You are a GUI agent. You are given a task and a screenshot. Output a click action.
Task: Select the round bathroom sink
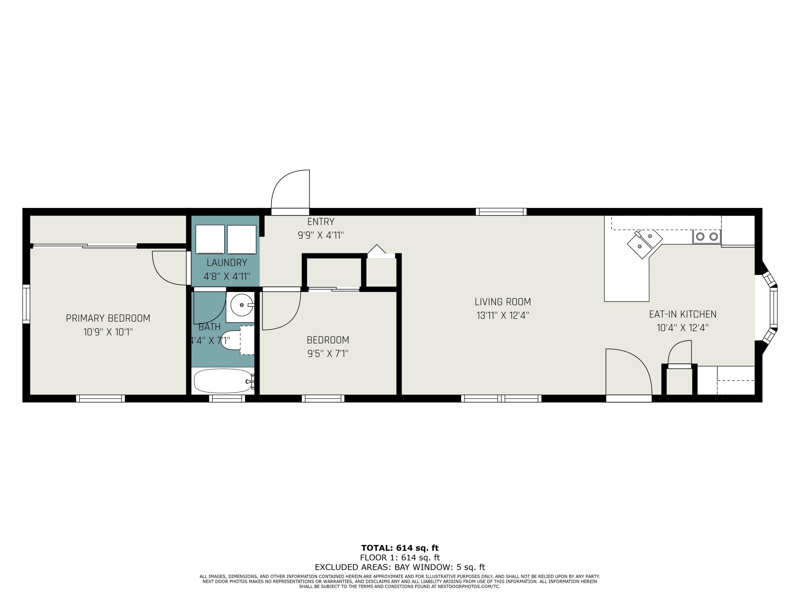point(242,305)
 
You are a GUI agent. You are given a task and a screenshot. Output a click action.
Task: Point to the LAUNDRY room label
point(227,263)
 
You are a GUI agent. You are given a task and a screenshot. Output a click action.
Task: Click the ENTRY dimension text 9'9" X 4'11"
point(321,235)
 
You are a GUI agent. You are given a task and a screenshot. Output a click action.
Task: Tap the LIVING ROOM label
point(503,302)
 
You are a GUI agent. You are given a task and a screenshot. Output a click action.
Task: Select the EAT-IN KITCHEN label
point(682,314)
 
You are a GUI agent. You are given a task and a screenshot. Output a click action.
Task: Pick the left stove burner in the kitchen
point(700,237)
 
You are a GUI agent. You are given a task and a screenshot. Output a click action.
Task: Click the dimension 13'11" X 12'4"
point(503,315)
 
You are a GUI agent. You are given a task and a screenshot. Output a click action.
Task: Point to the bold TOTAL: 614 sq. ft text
point(400,548)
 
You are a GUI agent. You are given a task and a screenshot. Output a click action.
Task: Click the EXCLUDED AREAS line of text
point(400,567)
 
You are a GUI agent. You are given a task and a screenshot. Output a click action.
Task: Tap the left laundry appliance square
point(210,239)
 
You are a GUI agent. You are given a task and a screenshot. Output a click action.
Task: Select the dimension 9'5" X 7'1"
point(328,353)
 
